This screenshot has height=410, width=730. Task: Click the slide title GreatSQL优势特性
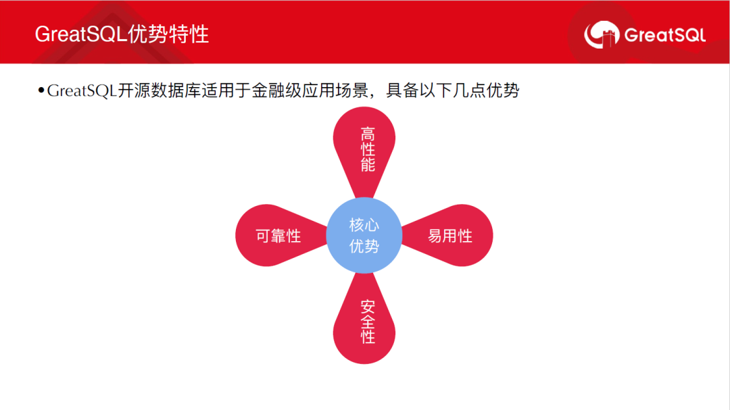click(x=122, y=34)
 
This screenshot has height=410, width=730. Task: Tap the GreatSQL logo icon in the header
click(x=602, y=34)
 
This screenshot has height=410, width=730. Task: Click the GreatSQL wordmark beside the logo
click(x=665, y=35)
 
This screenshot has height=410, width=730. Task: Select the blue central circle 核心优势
click(x=364, y=236)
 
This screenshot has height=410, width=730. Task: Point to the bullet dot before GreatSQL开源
click(x=41, y=90)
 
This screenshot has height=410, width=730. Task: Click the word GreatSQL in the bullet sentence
click(x=82, y=91)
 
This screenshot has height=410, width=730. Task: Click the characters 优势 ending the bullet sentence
click(x=503, y=91)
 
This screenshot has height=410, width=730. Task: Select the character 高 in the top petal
click(x=368, y=134)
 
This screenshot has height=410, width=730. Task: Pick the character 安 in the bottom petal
click(x=368, y=307)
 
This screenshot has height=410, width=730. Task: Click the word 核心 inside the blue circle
click(x=364, y=225)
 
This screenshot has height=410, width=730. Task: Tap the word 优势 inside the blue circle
click(x=364, y=246)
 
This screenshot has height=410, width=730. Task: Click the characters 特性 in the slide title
click(x=189, y=34)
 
